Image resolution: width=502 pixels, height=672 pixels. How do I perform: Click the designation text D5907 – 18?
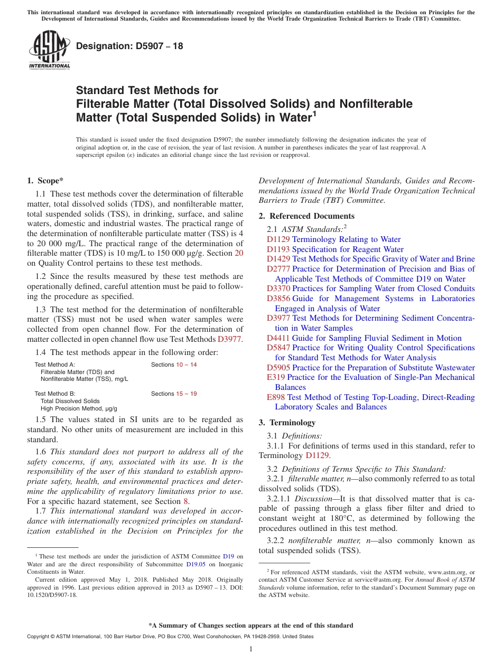click(129, 46)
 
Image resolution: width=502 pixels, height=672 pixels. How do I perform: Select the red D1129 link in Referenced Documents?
click(278, 239)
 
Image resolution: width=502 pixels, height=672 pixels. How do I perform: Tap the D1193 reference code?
click(278, 249)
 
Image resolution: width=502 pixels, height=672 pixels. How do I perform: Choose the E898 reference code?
click(276, 397)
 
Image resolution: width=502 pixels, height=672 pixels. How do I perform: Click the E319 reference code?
click(276, 377)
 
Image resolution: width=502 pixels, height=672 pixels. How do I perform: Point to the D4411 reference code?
click(278, 338)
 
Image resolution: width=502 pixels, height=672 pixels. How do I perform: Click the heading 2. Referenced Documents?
click(306, 216)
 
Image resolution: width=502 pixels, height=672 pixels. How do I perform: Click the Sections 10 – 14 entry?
click(174, 365)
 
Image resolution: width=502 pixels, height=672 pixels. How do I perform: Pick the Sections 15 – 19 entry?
click(174, 394)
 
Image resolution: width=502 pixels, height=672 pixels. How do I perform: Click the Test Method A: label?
click(55, 365)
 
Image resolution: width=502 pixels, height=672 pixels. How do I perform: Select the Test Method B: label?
click(55, 394)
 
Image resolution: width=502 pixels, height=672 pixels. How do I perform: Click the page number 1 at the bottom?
click(251, 649)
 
